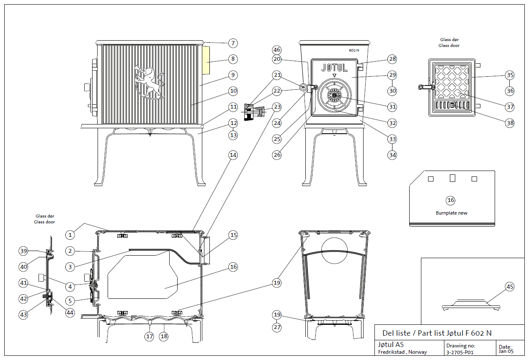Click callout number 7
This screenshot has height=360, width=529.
[x=233, y=43]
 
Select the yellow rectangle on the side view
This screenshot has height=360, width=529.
[x=206, y=60]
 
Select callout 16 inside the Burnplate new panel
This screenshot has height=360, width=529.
[x=451, y=200]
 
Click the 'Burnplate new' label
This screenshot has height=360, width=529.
[x=451, y=213]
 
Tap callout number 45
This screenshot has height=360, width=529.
[x=509, y=287]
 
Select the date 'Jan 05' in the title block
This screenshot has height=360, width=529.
[x=506, y=351]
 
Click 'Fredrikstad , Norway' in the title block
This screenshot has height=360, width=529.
[x=403, y=352]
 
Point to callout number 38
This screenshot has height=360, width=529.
[x=510, y=123]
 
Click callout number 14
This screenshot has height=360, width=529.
[x=233, y=155]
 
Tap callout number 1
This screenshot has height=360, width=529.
[x=70, y=235]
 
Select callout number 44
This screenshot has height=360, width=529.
[x=70, y=312]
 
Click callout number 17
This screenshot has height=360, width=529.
[x=150, y=336]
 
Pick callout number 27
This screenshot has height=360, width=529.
[x=276, y=328]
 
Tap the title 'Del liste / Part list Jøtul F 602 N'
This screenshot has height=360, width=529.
[x=437, y=333]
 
